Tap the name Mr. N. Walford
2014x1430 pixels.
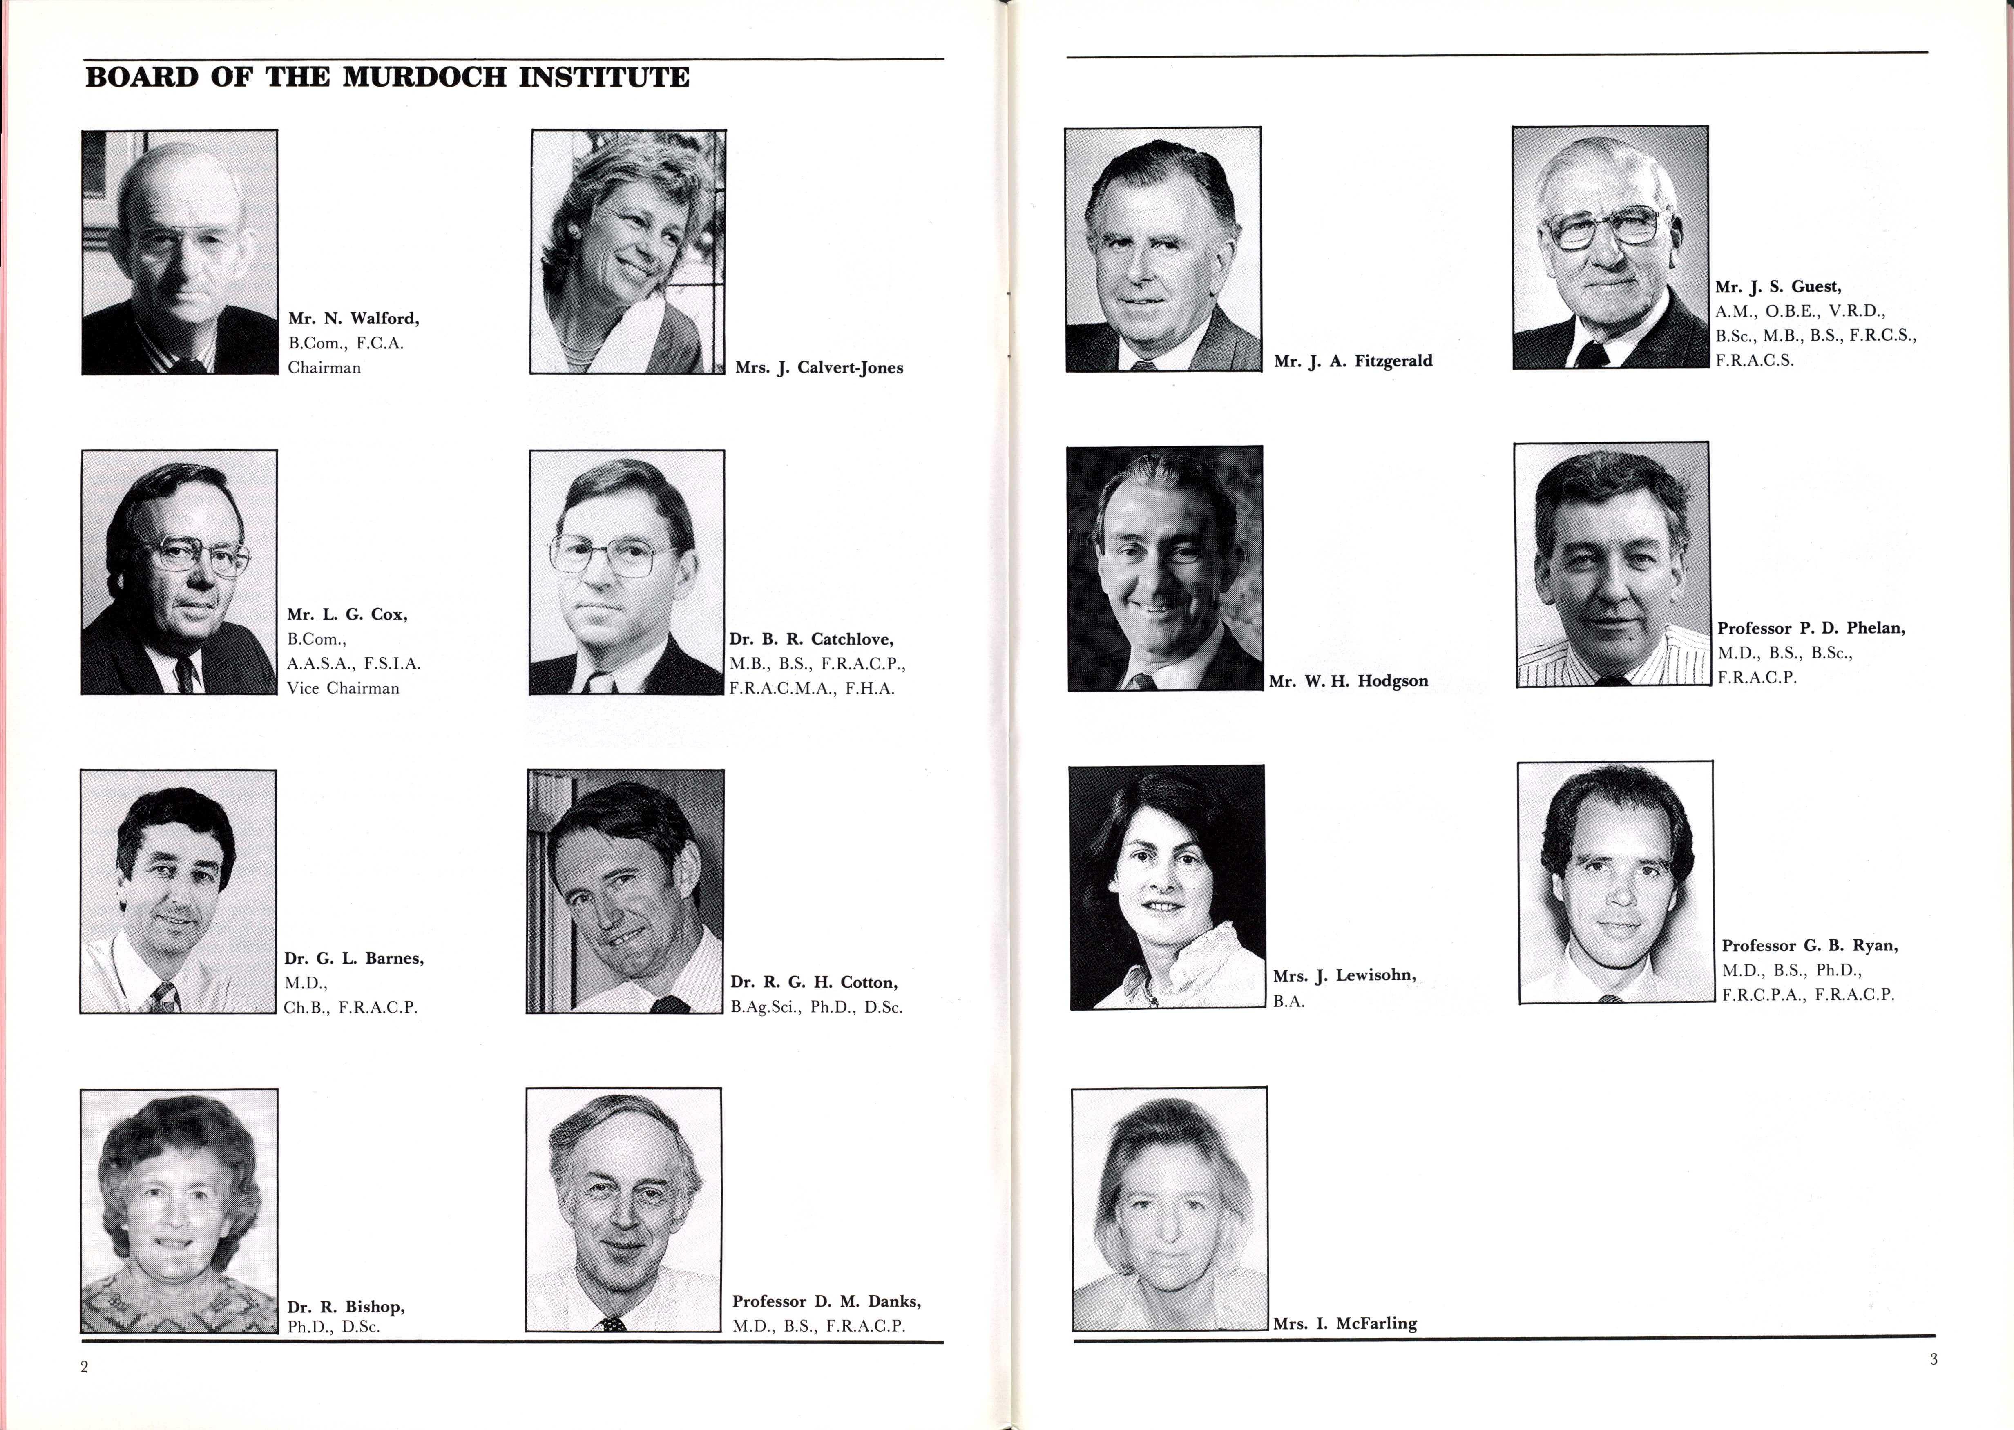[353, 319]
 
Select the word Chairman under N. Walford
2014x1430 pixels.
[324, 368]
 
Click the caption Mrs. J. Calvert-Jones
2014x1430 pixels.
[819, 368]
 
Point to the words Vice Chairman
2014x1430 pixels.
[343, 689]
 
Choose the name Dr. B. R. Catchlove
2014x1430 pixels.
[811, 639]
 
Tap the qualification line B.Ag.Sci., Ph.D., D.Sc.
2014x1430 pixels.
[816, 1007]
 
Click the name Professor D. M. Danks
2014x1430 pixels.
[826, 1301]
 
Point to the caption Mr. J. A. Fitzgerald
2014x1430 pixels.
[1353, 361]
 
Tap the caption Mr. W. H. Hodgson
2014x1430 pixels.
[1348, 680]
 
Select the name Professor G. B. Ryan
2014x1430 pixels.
[1810, 946]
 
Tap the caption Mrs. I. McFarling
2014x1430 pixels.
[1345, 1323]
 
